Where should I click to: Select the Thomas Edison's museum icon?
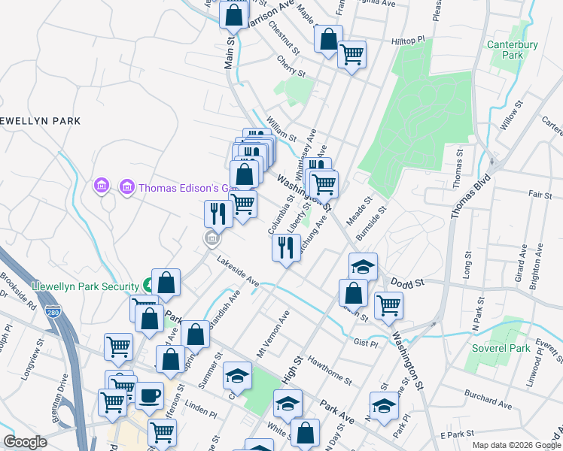[126, 186]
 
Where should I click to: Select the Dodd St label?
[409, 283]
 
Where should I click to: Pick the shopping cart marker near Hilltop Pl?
[351, 54]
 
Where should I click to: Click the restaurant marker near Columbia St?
[286, 247]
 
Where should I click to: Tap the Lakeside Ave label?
[238, 272]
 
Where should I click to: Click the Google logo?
[25, 442]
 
